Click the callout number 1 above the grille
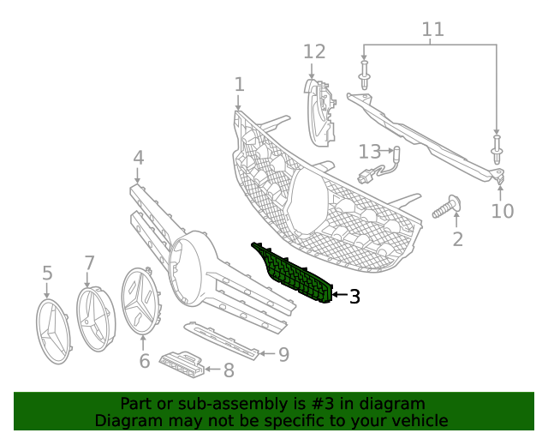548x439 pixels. (x=239, y=84)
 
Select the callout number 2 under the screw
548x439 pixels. (x=457, y=239)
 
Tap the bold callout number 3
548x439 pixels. (x=354, y=297)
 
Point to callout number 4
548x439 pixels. (x=138, y=158)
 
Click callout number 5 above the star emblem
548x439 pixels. (x=47, y=273)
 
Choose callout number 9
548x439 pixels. (x=283, y=353)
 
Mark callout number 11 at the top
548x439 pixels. (x=433, y=30)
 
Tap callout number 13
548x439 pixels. (x=369, y=152)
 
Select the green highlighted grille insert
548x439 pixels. (x=295, y=273)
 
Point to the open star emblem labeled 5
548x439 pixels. (x=53, y=331)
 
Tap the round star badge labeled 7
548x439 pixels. (x=95, y=318)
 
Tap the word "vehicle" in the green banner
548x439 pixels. (x=420, y=420)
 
